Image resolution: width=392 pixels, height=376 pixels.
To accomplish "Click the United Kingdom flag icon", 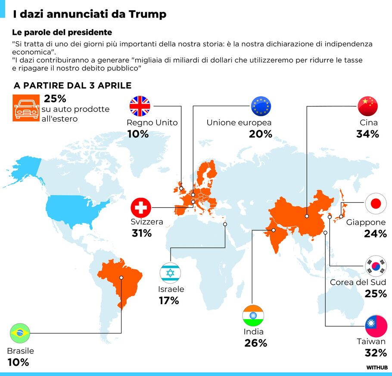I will (140, 106).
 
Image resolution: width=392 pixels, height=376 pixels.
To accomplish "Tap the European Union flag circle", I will (261, 106).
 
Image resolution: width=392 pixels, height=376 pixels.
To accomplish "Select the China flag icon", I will (367, 106).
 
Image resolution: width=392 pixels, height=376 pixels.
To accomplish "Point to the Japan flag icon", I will (376, 204).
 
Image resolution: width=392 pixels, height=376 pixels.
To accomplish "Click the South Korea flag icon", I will (376, 266).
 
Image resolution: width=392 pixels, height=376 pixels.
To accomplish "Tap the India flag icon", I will (253, 315).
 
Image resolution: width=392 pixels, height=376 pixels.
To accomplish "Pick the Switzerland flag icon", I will (141, 208).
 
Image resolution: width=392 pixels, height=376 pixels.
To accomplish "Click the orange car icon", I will (25, 108).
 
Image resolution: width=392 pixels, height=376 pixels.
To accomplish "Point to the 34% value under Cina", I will (367, 134).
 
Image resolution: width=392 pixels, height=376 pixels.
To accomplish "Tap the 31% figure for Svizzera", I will (142, 234).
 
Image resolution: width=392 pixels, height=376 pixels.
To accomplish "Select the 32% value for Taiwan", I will (376, 353).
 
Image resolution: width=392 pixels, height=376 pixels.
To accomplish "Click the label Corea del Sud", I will (358, 283).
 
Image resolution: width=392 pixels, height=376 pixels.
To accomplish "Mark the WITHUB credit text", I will (377, 367).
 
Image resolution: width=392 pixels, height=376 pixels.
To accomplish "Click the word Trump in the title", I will (147, 14).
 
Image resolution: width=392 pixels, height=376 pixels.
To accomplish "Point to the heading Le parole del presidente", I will (62, 32).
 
